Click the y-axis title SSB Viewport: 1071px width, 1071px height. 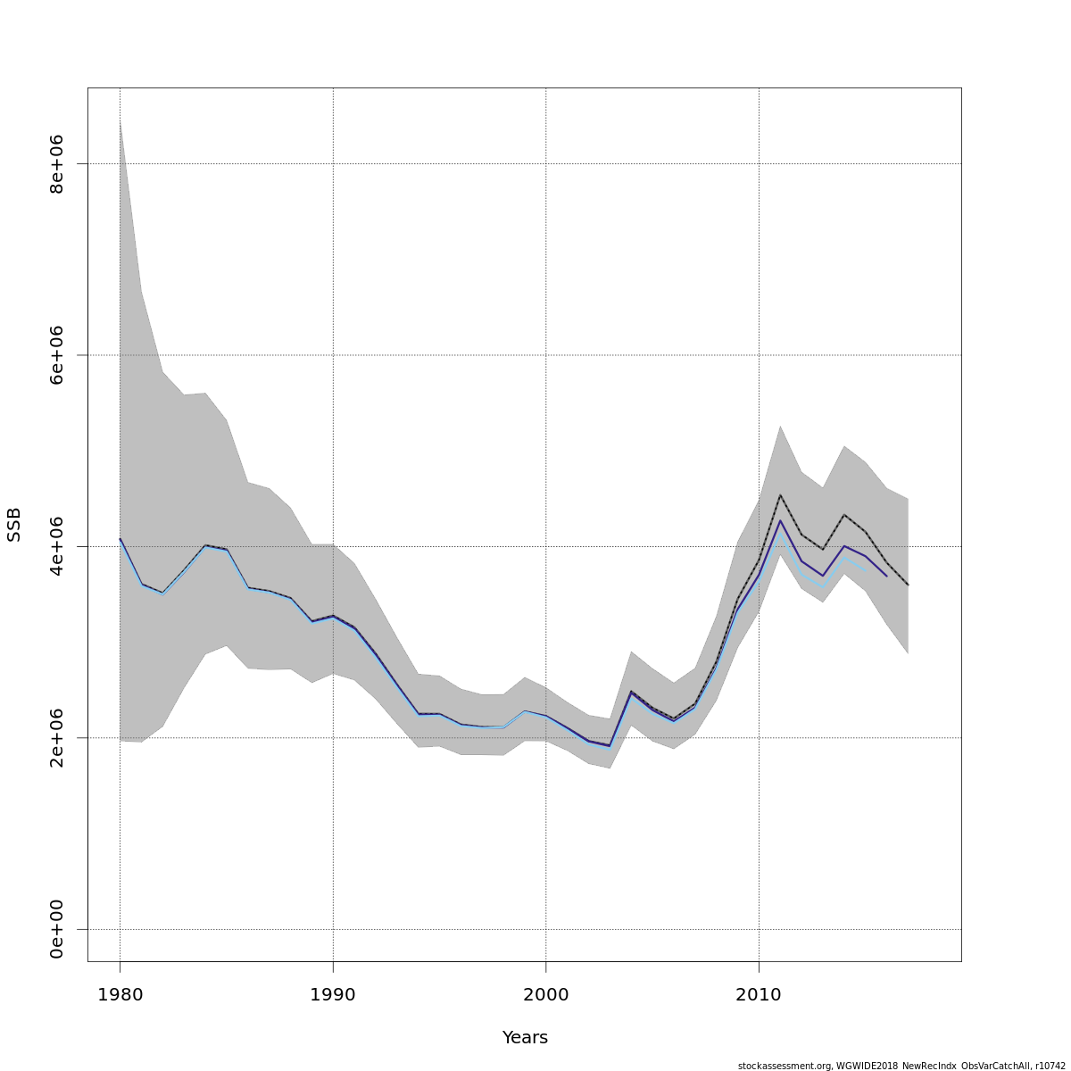[13, 525]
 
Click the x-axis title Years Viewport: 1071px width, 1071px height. [525, 1037]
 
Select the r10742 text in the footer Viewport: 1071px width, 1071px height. [1049, 1066]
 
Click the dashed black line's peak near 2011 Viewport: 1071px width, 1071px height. [780, 494]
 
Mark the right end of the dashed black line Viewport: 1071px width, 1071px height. [908, 585]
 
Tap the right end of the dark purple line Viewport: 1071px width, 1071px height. [886, 576]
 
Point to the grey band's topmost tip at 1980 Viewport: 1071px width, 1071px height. [120, 120]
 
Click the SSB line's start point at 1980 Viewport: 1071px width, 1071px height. [120, 539]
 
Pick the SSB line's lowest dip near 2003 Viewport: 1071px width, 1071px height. [610, 746]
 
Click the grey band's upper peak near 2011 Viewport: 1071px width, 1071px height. [780, 426]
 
